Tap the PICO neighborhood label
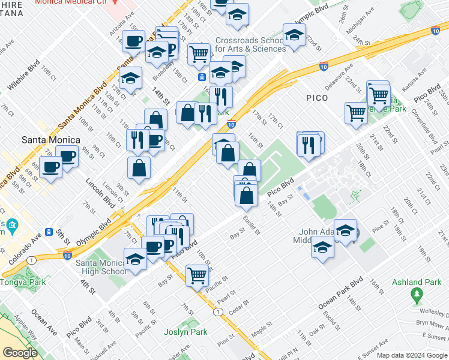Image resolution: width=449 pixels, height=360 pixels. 316,98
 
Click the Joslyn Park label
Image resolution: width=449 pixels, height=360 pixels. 185,332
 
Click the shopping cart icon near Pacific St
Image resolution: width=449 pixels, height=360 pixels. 197,276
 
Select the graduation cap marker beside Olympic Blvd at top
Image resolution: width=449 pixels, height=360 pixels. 294,35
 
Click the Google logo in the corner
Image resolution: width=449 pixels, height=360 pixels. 20,353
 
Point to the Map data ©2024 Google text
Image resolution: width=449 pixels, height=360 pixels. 412,355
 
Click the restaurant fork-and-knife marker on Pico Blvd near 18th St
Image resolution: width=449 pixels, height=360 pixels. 308,145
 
